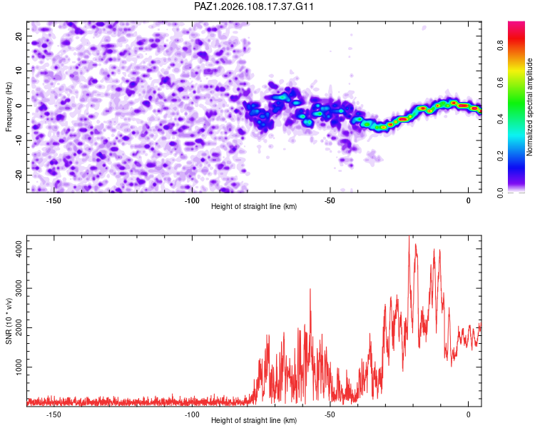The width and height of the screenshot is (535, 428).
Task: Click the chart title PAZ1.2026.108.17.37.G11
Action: (253, 6)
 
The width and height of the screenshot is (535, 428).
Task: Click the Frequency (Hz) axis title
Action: (9, 107)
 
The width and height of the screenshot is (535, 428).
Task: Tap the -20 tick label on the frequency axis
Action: (19, 175)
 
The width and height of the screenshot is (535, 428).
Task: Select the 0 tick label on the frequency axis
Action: (19, 106)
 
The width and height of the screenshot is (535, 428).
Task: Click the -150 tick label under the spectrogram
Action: (53, 200)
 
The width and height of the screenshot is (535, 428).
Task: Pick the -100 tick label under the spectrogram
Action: (192, 200)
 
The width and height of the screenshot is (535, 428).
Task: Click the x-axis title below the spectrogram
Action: (254, 206)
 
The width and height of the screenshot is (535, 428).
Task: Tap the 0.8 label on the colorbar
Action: (500, 46)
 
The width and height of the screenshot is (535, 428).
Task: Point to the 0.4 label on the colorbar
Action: (500, 119)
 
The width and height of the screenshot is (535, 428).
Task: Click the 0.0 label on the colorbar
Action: (500, 193)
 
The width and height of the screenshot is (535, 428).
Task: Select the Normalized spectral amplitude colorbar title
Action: (529, 107)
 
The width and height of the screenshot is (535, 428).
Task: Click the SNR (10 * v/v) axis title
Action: (9, 321)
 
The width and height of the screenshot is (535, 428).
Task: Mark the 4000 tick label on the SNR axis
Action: (19, 249)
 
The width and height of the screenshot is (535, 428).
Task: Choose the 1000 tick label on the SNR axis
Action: (19, 367)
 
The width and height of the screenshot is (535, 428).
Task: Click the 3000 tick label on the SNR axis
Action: (19, 288)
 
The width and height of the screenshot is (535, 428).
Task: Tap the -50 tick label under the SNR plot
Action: (330, 414)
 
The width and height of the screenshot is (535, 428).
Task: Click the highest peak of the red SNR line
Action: (409, 236)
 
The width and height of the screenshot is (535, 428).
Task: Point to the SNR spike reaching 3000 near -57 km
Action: (310, 290)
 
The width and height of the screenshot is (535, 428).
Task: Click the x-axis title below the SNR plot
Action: (254, 420)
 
